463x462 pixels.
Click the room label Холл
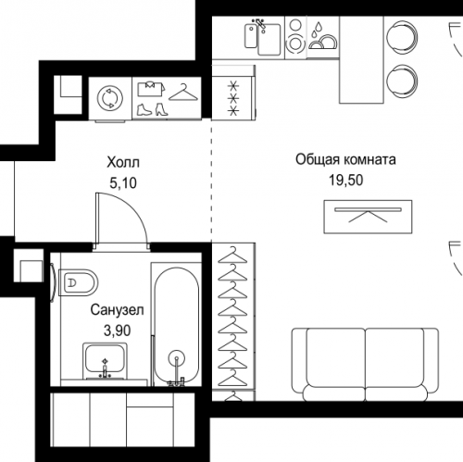click(123, 162)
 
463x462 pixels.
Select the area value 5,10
click(123, 183)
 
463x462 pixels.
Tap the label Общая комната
click(345, 159)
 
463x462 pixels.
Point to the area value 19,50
click(345, 180)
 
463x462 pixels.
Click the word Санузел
click(118, 310)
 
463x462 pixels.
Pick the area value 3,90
click(118, 331)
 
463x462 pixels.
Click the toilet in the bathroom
click(78, 282)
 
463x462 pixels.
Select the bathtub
click(177, 325)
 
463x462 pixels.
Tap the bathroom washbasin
click(105, 360)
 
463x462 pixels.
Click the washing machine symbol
click(110, 98)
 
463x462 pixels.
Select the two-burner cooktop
click(295, 37)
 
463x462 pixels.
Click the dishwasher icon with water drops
click(323, 37)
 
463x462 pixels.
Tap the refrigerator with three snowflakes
click(233, 92)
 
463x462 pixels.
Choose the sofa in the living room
click(365, 365)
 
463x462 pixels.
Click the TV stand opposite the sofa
click(368, 217)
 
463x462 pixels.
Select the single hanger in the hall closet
click(183, 93)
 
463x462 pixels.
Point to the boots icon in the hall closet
click(152, 109)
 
